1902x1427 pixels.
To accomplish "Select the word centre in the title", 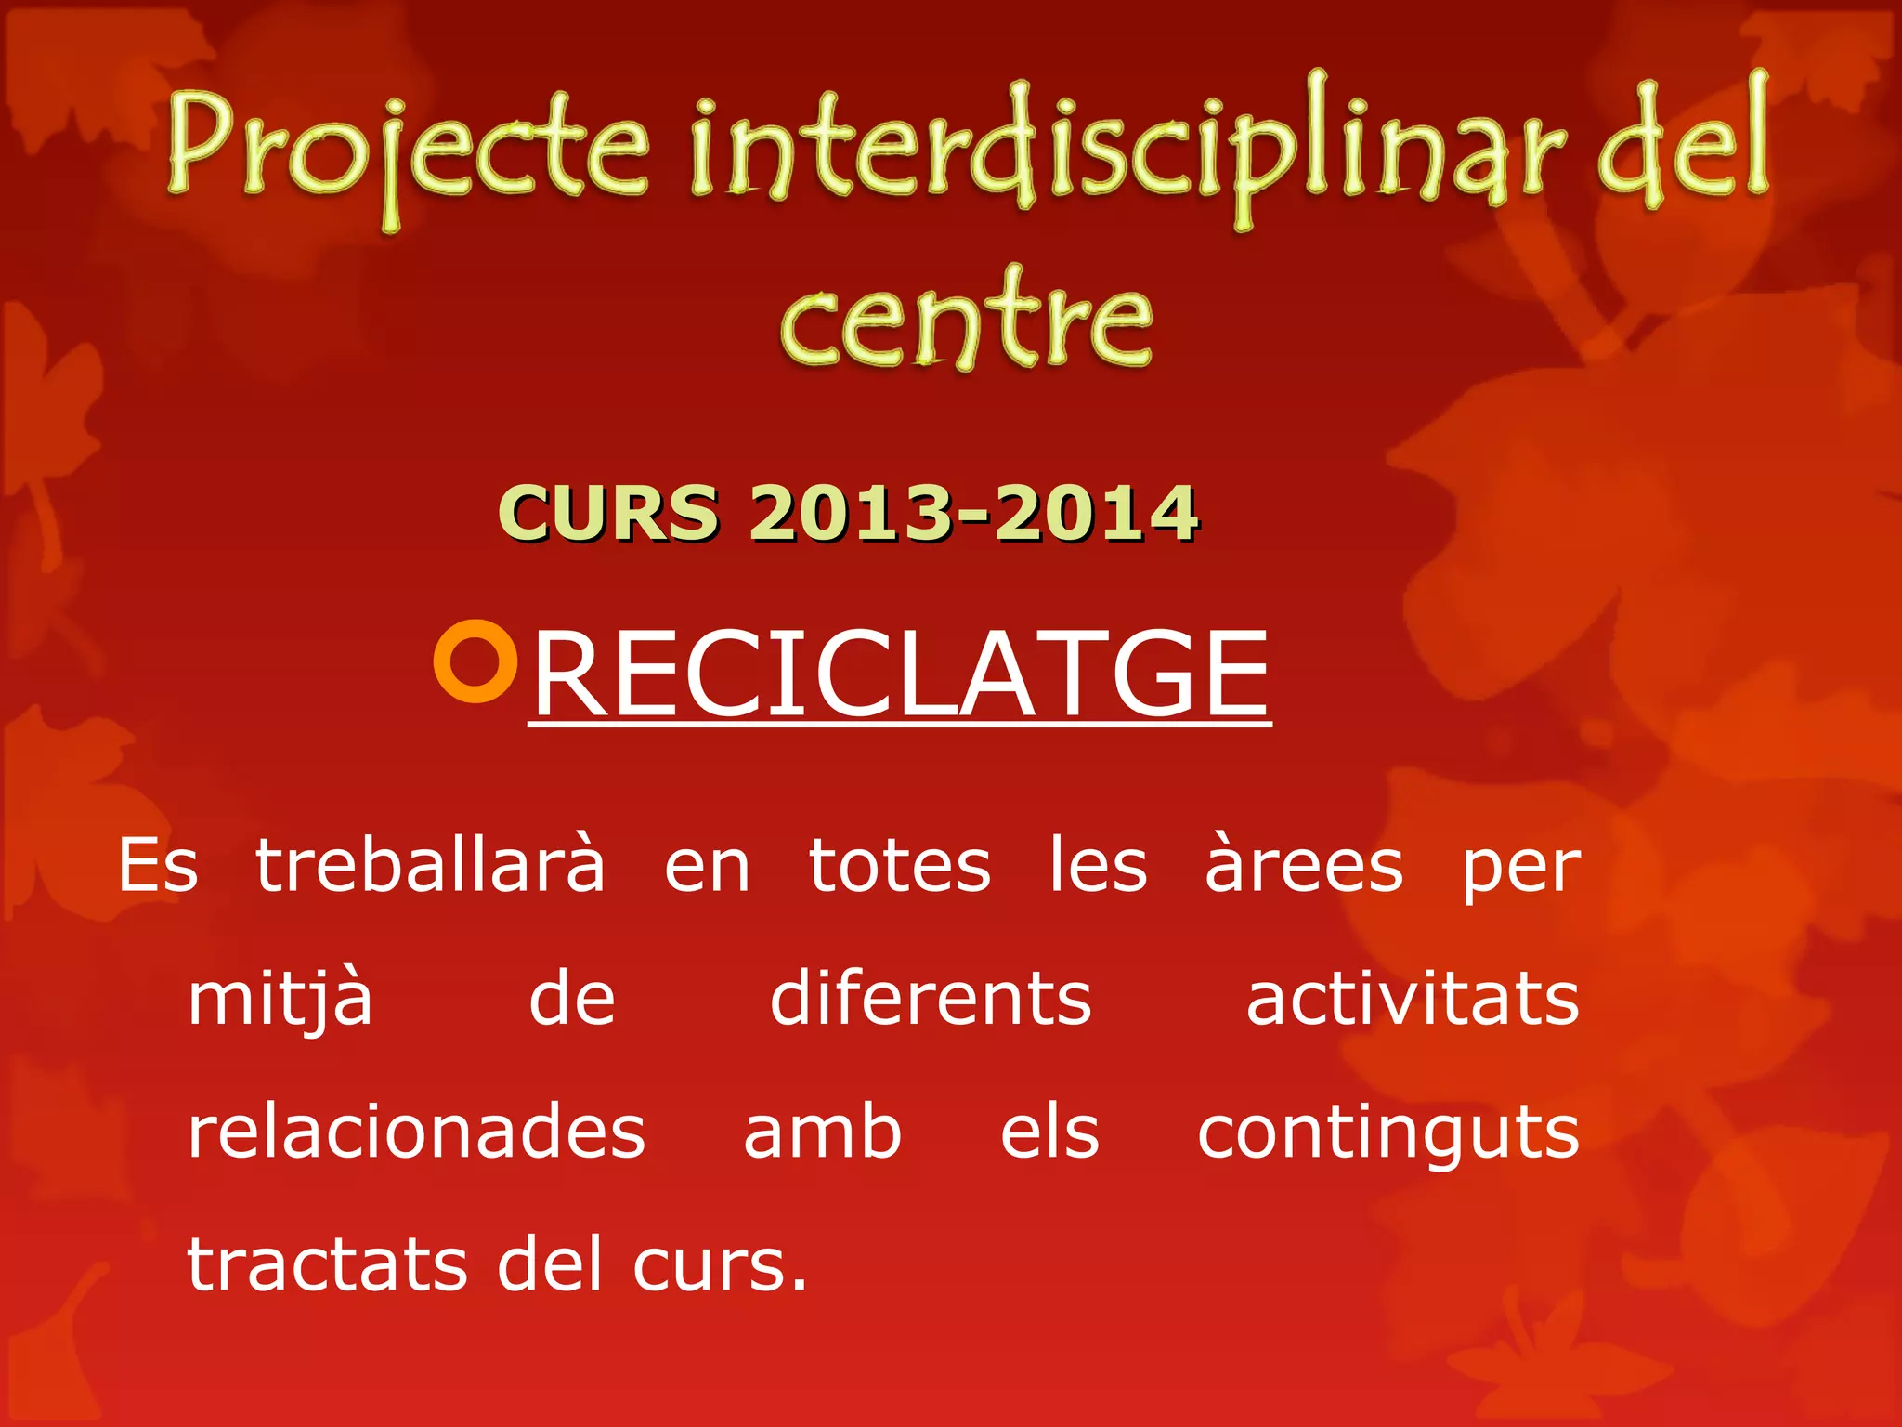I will (x=966, y=321).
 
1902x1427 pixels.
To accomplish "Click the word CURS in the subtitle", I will (x=608, y=513).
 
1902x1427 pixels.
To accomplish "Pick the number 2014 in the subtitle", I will (x=1096, y=513).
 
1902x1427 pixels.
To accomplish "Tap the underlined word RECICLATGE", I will (x=899, y=674).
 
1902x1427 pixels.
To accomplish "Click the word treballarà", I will (x=430, y=866).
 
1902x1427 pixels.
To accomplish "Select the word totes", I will (x=899, y=866).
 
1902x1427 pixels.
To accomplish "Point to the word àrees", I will (x=1303, y=866).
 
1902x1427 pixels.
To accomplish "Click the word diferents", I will (x=931, y=1000).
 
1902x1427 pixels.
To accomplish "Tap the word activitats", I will (x=1413, y=1000).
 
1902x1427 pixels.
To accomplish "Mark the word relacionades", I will (x=416, y=1132).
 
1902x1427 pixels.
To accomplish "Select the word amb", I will (x=822, y=1132).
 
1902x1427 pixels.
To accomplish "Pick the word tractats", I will (x=328, y=1265).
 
